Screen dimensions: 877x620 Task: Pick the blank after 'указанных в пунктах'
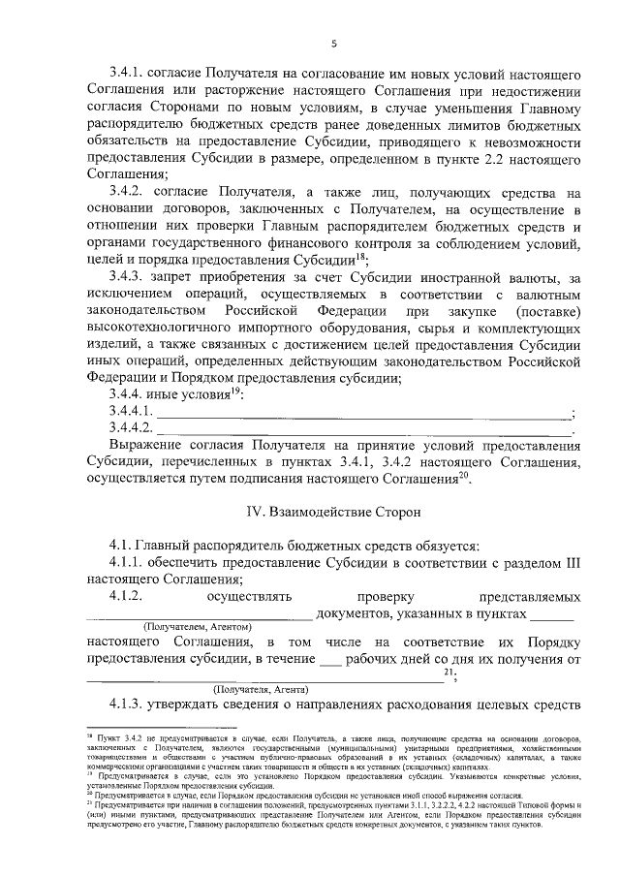552,613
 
